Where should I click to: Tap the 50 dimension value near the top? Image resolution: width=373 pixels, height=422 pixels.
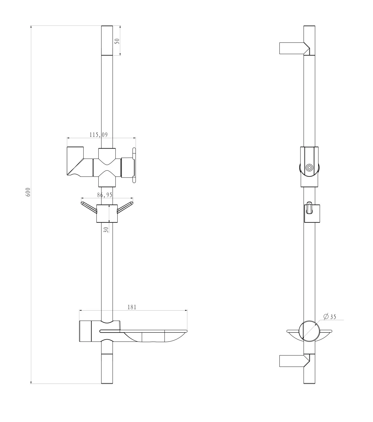118,41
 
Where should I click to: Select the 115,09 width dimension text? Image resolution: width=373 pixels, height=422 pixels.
99,135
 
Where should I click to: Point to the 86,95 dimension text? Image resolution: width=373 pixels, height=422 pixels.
105,195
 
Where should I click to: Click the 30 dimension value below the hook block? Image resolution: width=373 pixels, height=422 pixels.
106,230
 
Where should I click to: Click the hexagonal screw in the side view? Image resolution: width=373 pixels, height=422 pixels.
309,167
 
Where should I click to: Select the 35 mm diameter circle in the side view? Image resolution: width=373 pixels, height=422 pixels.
309,331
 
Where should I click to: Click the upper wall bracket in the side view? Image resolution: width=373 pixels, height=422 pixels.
294,48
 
